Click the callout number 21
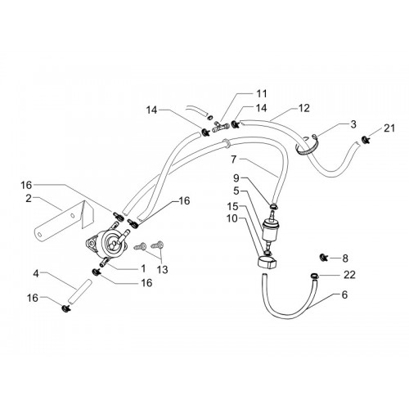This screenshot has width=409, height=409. [389, 128]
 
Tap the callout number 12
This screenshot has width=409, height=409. [304, 108]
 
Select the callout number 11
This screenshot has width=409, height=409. [262, 94]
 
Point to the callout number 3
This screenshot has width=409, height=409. [353, 124]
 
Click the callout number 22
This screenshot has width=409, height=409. [349, 275]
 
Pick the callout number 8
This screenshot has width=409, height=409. [345, 258]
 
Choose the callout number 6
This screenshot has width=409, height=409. [344, 294]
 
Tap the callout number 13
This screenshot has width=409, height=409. [163, 270]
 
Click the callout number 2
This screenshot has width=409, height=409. [29, 199]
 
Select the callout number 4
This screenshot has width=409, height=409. [36, 274]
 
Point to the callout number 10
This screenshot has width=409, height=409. [232, 218]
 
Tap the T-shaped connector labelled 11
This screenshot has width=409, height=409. [221, 127]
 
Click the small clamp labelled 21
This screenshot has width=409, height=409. [366, 140]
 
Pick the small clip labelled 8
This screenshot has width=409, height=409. [324, 257]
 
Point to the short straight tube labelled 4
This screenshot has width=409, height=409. [79, 291]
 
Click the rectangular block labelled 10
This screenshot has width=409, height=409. [267, 263]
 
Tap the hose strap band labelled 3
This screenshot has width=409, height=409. [308, 147]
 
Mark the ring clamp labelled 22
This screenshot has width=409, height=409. [314, 276]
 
